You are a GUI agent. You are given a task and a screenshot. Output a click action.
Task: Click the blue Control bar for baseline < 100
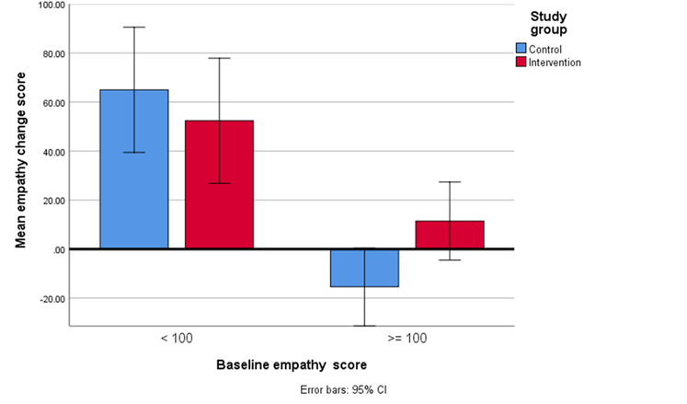(x=134, y=169)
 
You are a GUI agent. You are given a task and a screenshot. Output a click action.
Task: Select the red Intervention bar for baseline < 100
(x=219, y=184)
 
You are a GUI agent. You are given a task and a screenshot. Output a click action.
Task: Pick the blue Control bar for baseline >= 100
(x=364, y=268)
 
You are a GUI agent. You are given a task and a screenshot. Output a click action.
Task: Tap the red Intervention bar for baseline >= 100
(x=450, y=235)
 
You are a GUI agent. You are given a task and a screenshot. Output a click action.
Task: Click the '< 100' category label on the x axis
(x=177, y=338)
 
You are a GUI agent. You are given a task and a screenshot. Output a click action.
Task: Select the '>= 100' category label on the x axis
(x=406, y=338)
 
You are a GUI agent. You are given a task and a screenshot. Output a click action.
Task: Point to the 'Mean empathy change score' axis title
(x=20, y=164)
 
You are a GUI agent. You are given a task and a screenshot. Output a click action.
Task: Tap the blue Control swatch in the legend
(x=521, y=49)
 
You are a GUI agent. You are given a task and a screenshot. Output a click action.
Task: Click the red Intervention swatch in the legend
(x=521, y=62)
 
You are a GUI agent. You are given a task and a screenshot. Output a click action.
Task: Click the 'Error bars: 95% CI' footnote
(x=344, y=390)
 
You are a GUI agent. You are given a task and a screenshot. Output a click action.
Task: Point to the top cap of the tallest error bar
(x=134, y=27)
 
